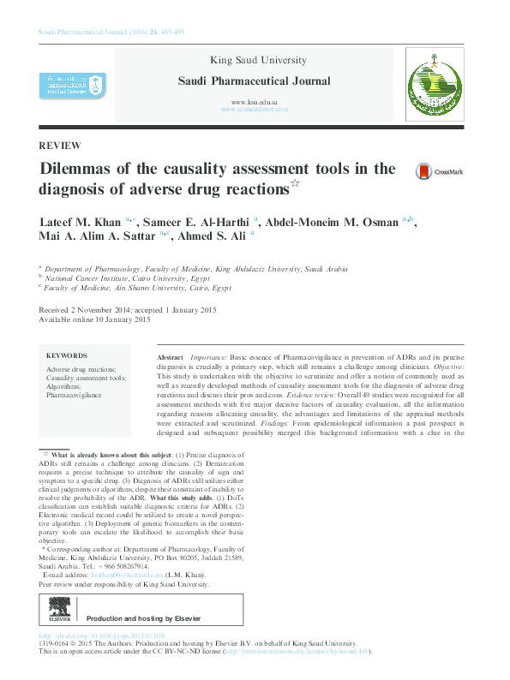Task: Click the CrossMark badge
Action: (438, 171)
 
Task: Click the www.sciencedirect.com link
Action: (254, 110)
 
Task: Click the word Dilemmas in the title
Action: (81, 168)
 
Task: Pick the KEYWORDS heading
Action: (67, 355)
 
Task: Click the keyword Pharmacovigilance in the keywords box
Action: (74, 395)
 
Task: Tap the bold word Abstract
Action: (171, 355)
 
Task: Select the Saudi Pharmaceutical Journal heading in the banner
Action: (254, 81)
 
